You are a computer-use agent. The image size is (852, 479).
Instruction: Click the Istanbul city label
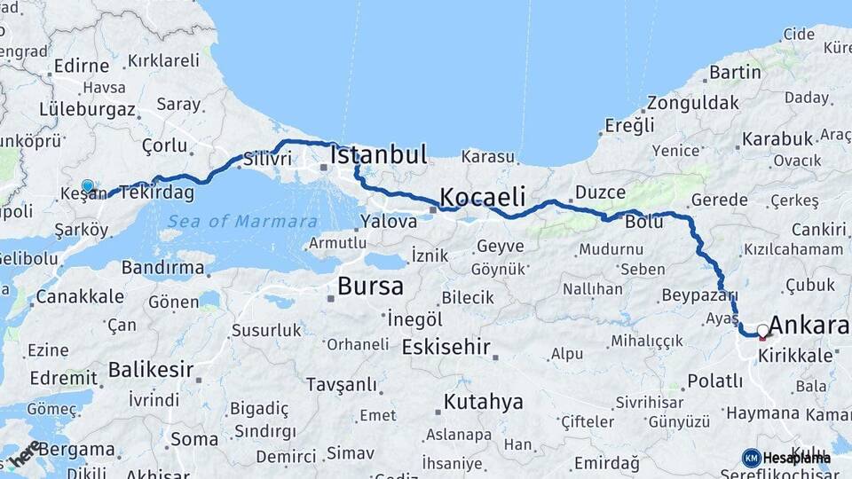tap(379, 154)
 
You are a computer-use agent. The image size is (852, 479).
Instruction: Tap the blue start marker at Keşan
tap(88, 187)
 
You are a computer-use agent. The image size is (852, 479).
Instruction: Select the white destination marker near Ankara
tap(762, 331)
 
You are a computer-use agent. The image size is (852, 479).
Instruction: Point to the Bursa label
tap(370, 287)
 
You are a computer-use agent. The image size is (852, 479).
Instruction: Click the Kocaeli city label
tap(483, 196)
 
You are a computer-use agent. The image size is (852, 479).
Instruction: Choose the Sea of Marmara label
tap(242, 221)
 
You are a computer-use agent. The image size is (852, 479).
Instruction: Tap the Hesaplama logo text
tap(797, 458)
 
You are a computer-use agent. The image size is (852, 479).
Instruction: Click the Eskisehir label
tap(446, 347)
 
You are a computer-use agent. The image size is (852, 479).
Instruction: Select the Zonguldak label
tap(692, 103)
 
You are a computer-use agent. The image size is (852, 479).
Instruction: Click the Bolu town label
tap(643, 222)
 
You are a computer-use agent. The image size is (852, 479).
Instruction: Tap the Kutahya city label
tap(484, 402)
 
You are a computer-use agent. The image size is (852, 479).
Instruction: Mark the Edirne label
tap(80, 66)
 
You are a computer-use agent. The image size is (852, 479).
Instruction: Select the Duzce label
tap(600, 192)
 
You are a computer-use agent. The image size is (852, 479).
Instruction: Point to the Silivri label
tap(267, 160)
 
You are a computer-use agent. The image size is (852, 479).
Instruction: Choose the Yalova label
tap(389, 222)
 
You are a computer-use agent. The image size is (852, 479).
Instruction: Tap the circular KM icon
tap(751, 458)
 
